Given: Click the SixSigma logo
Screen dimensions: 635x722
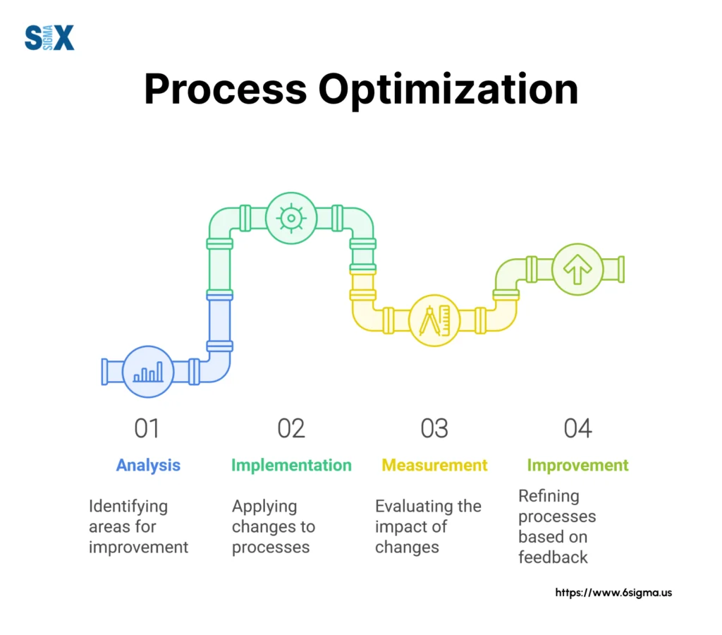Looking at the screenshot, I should tap(49, 37).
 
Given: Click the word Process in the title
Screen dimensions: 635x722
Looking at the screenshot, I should tap(225, 90).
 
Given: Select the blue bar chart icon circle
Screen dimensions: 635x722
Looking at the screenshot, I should tap(148, 372).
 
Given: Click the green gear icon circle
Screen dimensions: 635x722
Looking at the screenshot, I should tap(290, 218).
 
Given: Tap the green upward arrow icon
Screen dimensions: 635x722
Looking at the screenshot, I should tap(577, 270).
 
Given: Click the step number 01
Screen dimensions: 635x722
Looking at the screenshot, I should tap(147, 428).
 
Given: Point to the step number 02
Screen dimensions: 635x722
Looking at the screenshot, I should tap(290, 428).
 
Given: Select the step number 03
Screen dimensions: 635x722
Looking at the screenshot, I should tap(434, 428).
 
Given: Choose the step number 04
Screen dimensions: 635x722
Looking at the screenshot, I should tap(577, 428).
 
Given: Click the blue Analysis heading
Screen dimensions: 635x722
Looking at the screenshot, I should tap(148, 466).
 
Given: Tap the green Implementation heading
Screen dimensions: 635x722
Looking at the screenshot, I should tap(291, 466).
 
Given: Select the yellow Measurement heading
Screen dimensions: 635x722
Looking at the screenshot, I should tap(434, 466).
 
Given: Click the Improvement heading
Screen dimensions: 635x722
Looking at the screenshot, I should tap(577, 466).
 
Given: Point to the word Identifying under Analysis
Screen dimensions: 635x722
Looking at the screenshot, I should tap(128, 507).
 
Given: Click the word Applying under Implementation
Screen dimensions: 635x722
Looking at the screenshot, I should tap(264, 507).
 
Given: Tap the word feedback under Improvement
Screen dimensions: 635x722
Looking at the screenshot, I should tap(553, 557).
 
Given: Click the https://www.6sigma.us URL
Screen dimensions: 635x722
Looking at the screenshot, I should tap(613, 593).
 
